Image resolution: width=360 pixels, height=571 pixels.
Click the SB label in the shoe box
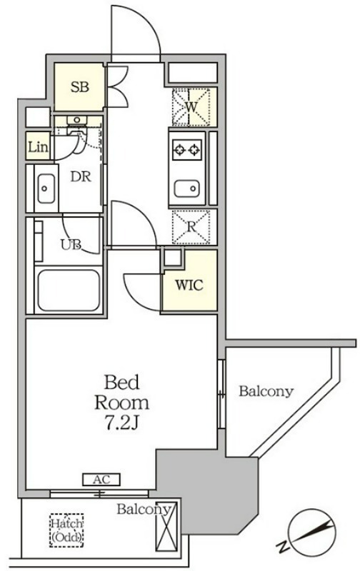click(x=80, y=87)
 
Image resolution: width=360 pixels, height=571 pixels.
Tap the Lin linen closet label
click(x=38, y=147)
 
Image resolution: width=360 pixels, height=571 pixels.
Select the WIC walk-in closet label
click(x=189, y=285)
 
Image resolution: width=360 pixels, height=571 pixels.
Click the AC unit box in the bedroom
click(x=101, y=479)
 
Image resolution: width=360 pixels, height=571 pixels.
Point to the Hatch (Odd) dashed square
click(x=66, y=530)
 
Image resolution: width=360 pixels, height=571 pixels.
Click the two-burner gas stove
click(x=186, y=149)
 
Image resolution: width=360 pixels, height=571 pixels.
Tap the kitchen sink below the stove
click(x=187, y=188)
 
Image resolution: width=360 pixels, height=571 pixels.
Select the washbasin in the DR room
click(x=46, y=188)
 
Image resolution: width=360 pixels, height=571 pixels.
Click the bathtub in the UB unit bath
click(x=69, y=290)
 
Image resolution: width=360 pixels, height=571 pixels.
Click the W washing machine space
click(x=191, y=107)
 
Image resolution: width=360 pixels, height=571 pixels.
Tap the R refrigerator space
click(x=191, y=226)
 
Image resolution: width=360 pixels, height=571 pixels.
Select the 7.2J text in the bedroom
click(x=122, y=423)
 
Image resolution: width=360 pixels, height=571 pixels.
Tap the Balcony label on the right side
click(x=266, y=391)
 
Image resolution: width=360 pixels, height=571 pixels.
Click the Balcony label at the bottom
click(x=144, y=510)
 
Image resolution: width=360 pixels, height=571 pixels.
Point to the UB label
click(x=71, y=245)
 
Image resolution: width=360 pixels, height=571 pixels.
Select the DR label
click(x=81, y=177)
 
